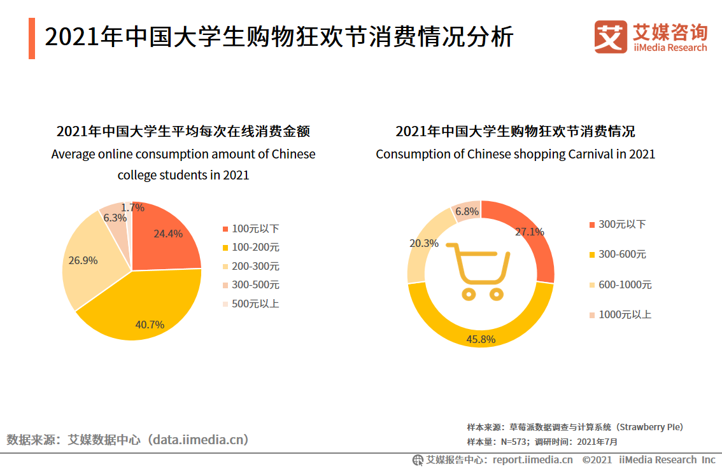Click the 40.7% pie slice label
150,325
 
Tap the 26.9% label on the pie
83,260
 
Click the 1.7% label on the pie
132,207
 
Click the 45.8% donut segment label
481,339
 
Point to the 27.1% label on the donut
529,232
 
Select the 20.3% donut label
423,243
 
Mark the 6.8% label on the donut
467,211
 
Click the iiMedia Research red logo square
611,36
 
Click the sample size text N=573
514,442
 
